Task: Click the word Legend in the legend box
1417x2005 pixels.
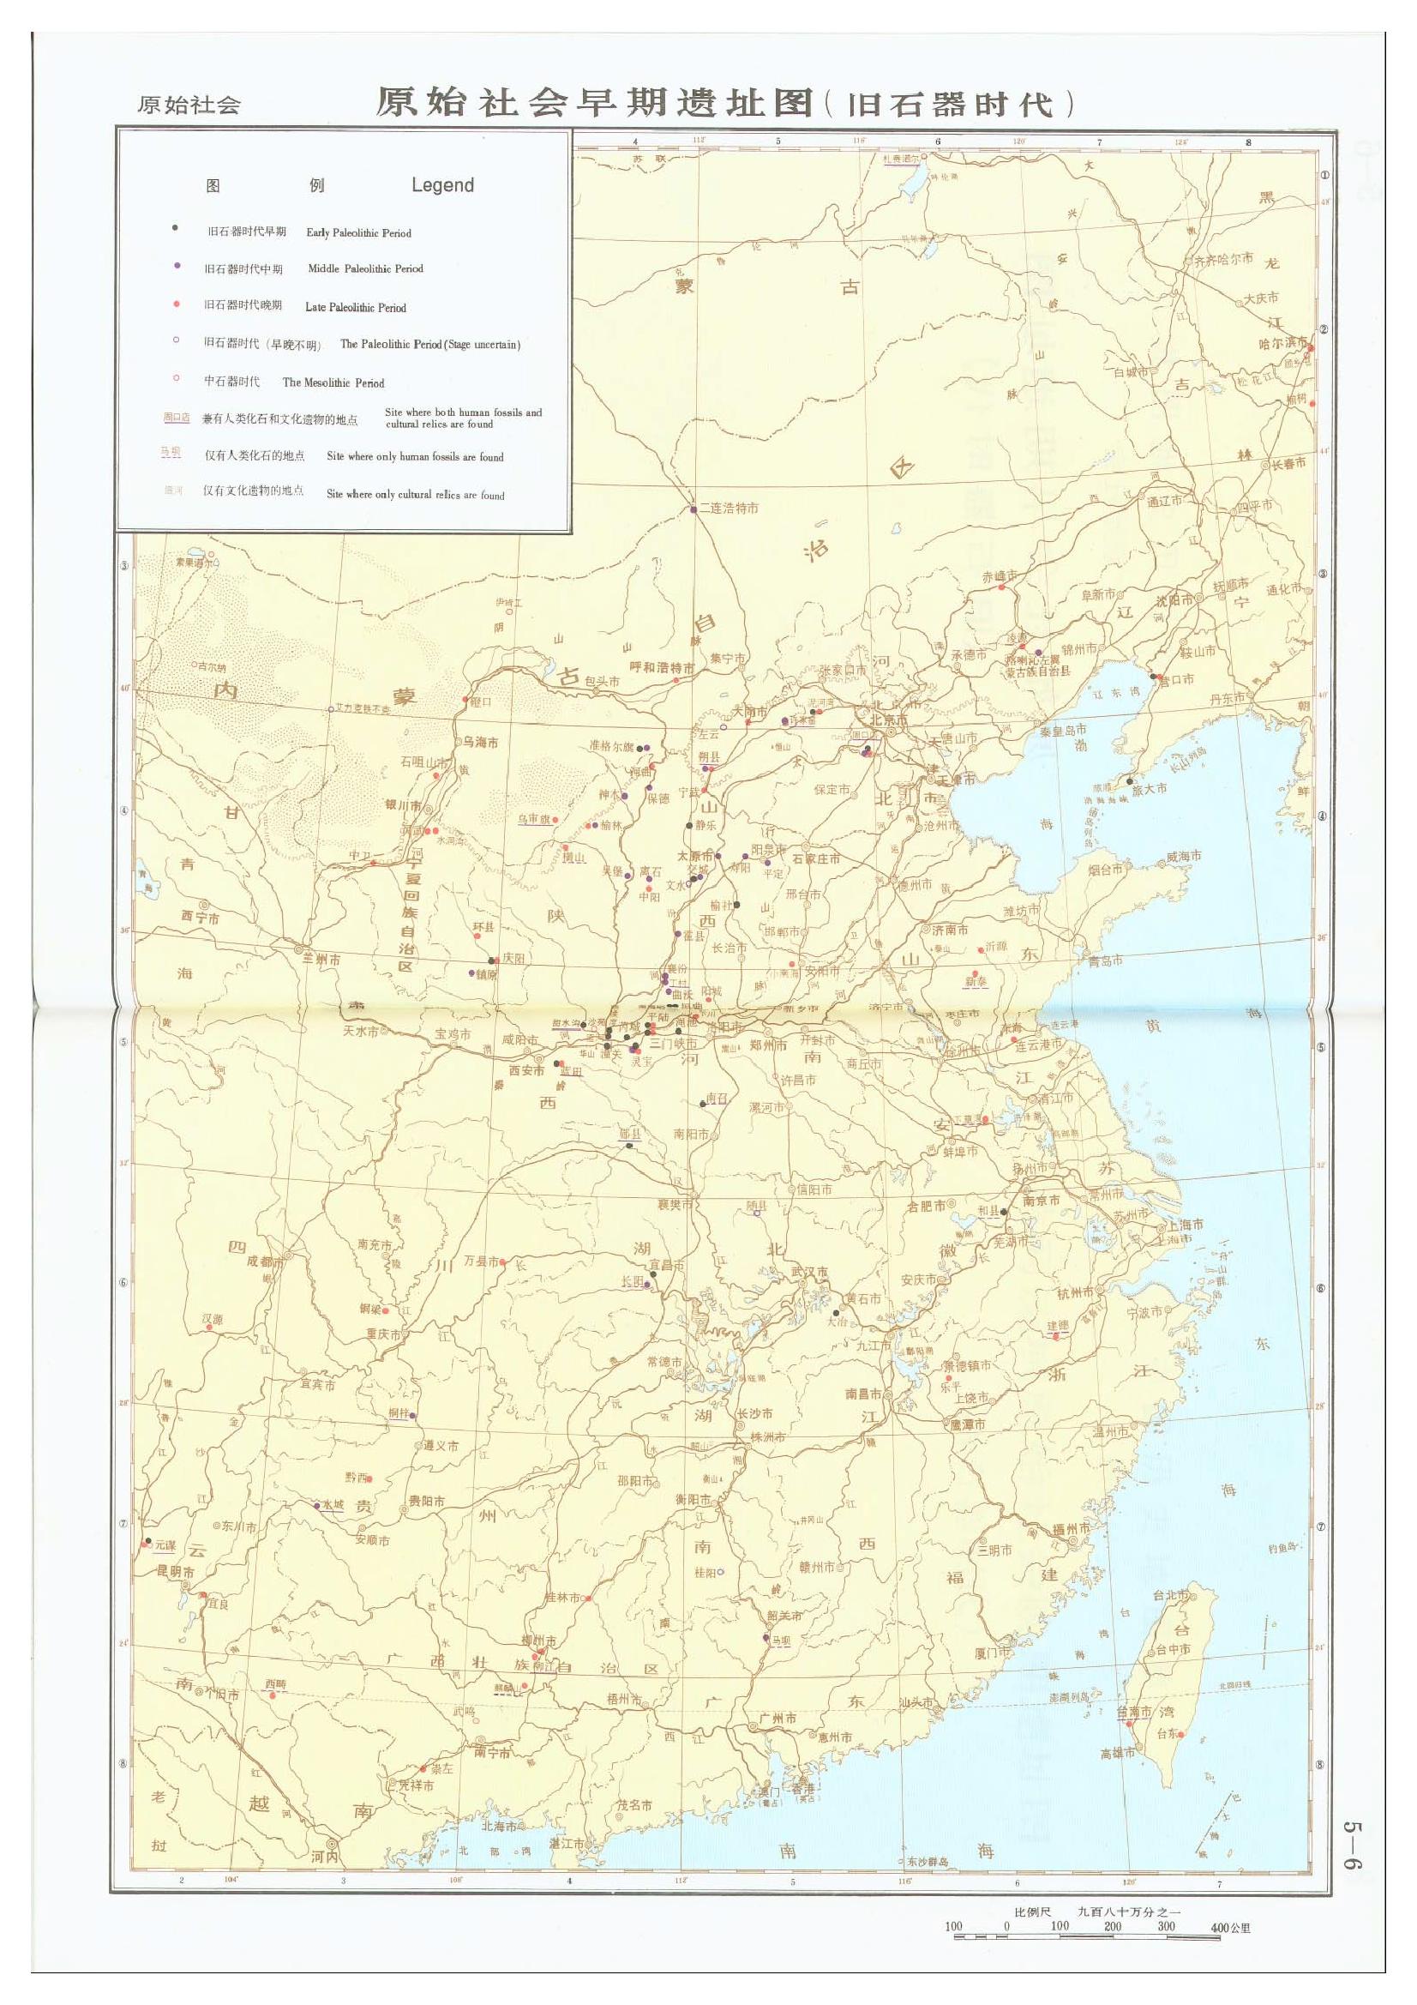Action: (x=442, y=185)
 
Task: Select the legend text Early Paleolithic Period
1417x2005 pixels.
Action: (x=358, y=233)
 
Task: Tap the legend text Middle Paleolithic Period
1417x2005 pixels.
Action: (x=365, y=269)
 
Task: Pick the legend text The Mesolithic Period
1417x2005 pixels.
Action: (x=333, y=382)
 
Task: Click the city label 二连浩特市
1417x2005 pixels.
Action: (x=728, y=509)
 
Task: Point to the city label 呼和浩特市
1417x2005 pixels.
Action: (x=662, y=668)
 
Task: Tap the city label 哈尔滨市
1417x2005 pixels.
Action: (x=1282, y=344)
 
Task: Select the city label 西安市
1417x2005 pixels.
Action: (x=526, y=1069)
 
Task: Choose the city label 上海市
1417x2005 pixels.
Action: (x=1185, y=1225)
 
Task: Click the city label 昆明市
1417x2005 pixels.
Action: (x=176, y=1572)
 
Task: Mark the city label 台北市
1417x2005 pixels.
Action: (x=1170, y=1595)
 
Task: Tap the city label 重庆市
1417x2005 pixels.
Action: (x=383, y=1334)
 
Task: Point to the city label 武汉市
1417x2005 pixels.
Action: (x=809, y=1273)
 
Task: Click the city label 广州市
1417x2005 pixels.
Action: (x=777, y=1719)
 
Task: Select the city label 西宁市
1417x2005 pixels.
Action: (x=200, y=918)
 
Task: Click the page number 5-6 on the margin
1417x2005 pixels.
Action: (x=1352, y=1845)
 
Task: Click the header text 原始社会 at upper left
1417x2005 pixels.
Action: (x=189, y=105)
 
